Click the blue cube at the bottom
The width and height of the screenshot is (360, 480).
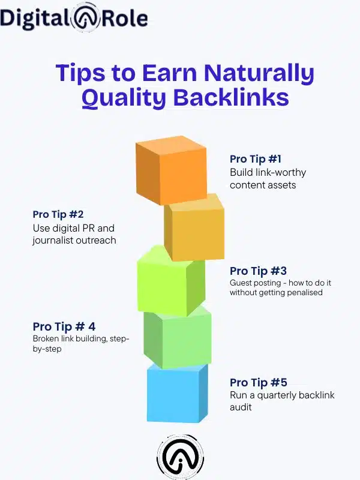(176, 393)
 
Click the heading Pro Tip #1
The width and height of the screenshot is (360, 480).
(256, 160)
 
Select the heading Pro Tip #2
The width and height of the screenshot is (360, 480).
(58, 215)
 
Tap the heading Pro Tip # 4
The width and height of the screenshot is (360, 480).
(64, 327)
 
